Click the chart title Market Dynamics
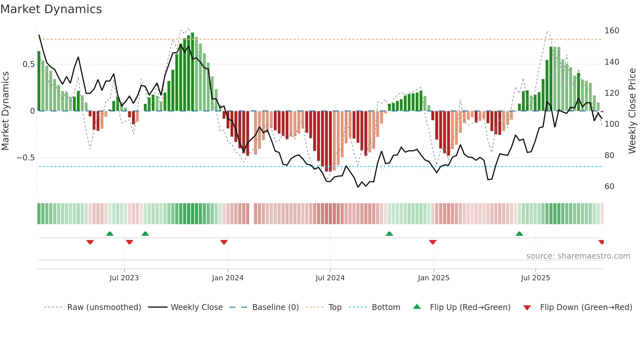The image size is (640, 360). pyautogui.click(x=51, y=9)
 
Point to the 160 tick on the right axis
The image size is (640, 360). pyautogui.click(x=612, y=31)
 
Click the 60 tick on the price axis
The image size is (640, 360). pyautogui.click(x=609, y=187)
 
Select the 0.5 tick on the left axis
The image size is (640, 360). pyautogui.click(x=29, y=64)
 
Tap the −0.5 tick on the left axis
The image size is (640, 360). pyautogui.click(x=26, y=158)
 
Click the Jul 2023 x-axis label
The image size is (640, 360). pyautogui.click(x=124, y=278)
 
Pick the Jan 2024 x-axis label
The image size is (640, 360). pyautogui.click(x=228, y=278)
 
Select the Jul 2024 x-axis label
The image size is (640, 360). pyautogui.click(x=330, y=278)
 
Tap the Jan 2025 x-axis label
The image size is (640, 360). pyautogui.click(x=434, y=278)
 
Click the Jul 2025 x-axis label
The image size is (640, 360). pyautogui.click(x=536, y=278)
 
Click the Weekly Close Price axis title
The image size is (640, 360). pyautogui.click(x=632, y=111)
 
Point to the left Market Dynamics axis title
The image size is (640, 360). pyautogui.click(x=5, y=111)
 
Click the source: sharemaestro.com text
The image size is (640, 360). pyautogui.click(x=578, y=256)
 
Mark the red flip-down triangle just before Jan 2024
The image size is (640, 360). pyautogui.click(x=224, y=242)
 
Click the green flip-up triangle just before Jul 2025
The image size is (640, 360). pyautogui.click(x=519, y=234)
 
